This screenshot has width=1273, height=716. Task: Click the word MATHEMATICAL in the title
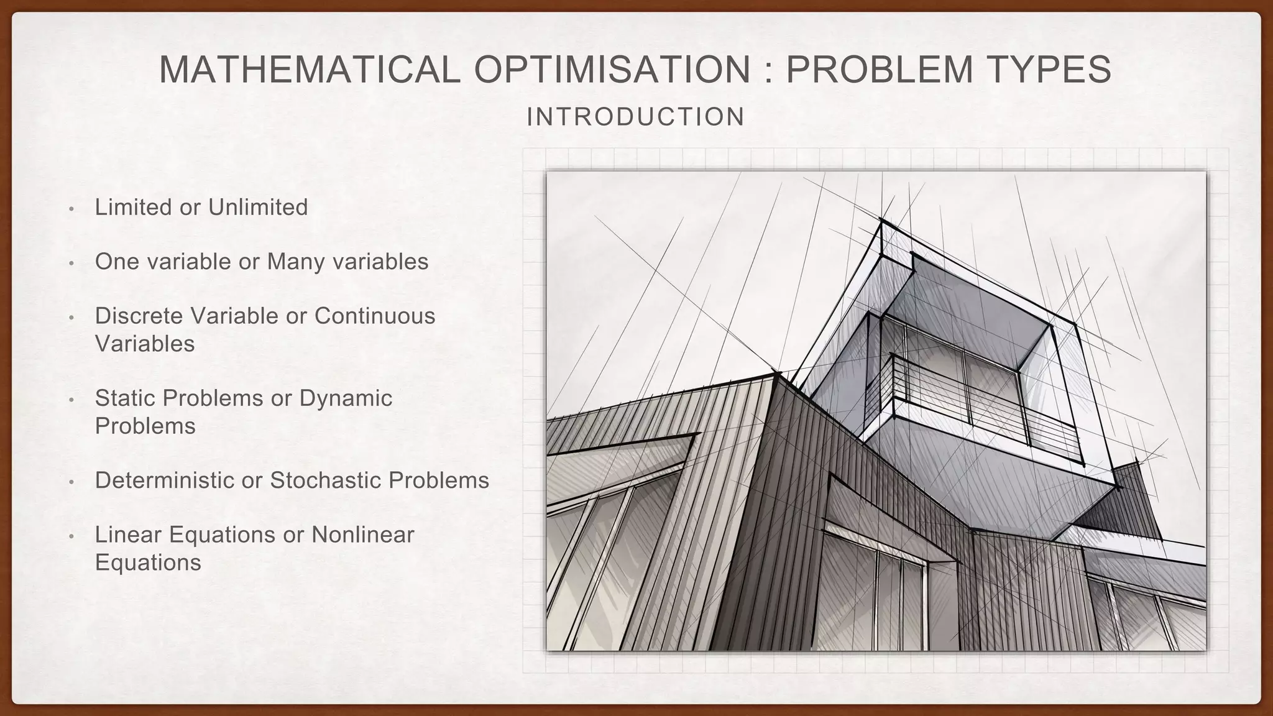pyautogui.click(x=310, y=70)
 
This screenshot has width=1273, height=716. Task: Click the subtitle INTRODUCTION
pyautogui.click(x=635, y=117)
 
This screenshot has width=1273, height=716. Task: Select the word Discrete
pyautogui.click(x=139, y=316)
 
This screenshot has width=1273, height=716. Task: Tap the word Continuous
pyautogui.click(x=374, y=316)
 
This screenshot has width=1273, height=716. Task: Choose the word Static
pyautogui.click(x=126, y=398)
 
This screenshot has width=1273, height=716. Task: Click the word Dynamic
pyautogui.click(x=346, y=398)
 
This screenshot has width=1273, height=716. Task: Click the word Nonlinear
pyautogui.click(x=362, y=535)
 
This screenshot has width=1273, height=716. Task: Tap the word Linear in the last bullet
pyautogui.click(x=128, y=535)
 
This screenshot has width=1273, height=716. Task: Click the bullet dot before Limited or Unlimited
pyautogui.click(x=71, y=209)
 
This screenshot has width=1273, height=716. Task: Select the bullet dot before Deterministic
pyautogui.click(x=71, y=482)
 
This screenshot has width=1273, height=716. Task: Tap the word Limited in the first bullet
pyautogui.click(x=134, y=208)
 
